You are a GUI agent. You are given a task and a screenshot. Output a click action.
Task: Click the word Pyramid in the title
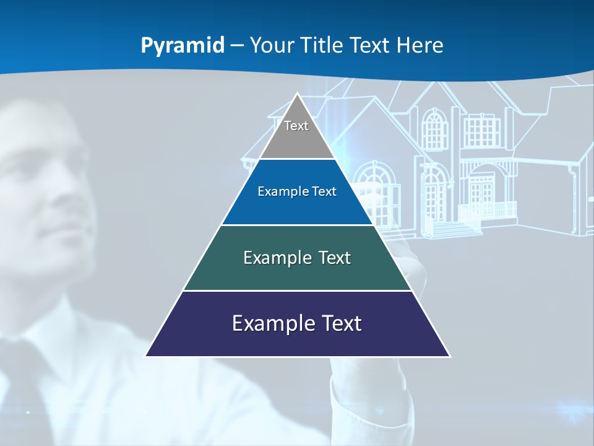183,46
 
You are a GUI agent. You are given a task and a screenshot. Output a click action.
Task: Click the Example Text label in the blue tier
297,191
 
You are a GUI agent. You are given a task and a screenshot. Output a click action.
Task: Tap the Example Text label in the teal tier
297,258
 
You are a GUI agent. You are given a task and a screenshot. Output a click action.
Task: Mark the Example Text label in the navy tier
297,323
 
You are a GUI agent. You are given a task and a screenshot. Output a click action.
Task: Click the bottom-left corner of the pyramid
147,356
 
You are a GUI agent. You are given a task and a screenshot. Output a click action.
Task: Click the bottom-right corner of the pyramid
449,356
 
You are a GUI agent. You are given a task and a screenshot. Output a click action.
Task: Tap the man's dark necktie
25,384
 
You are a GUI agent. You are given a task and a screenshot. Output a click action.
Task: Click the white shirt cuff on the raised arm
371,403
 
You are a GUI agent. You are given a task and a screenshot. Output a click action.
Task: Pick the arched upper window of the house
436,130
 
